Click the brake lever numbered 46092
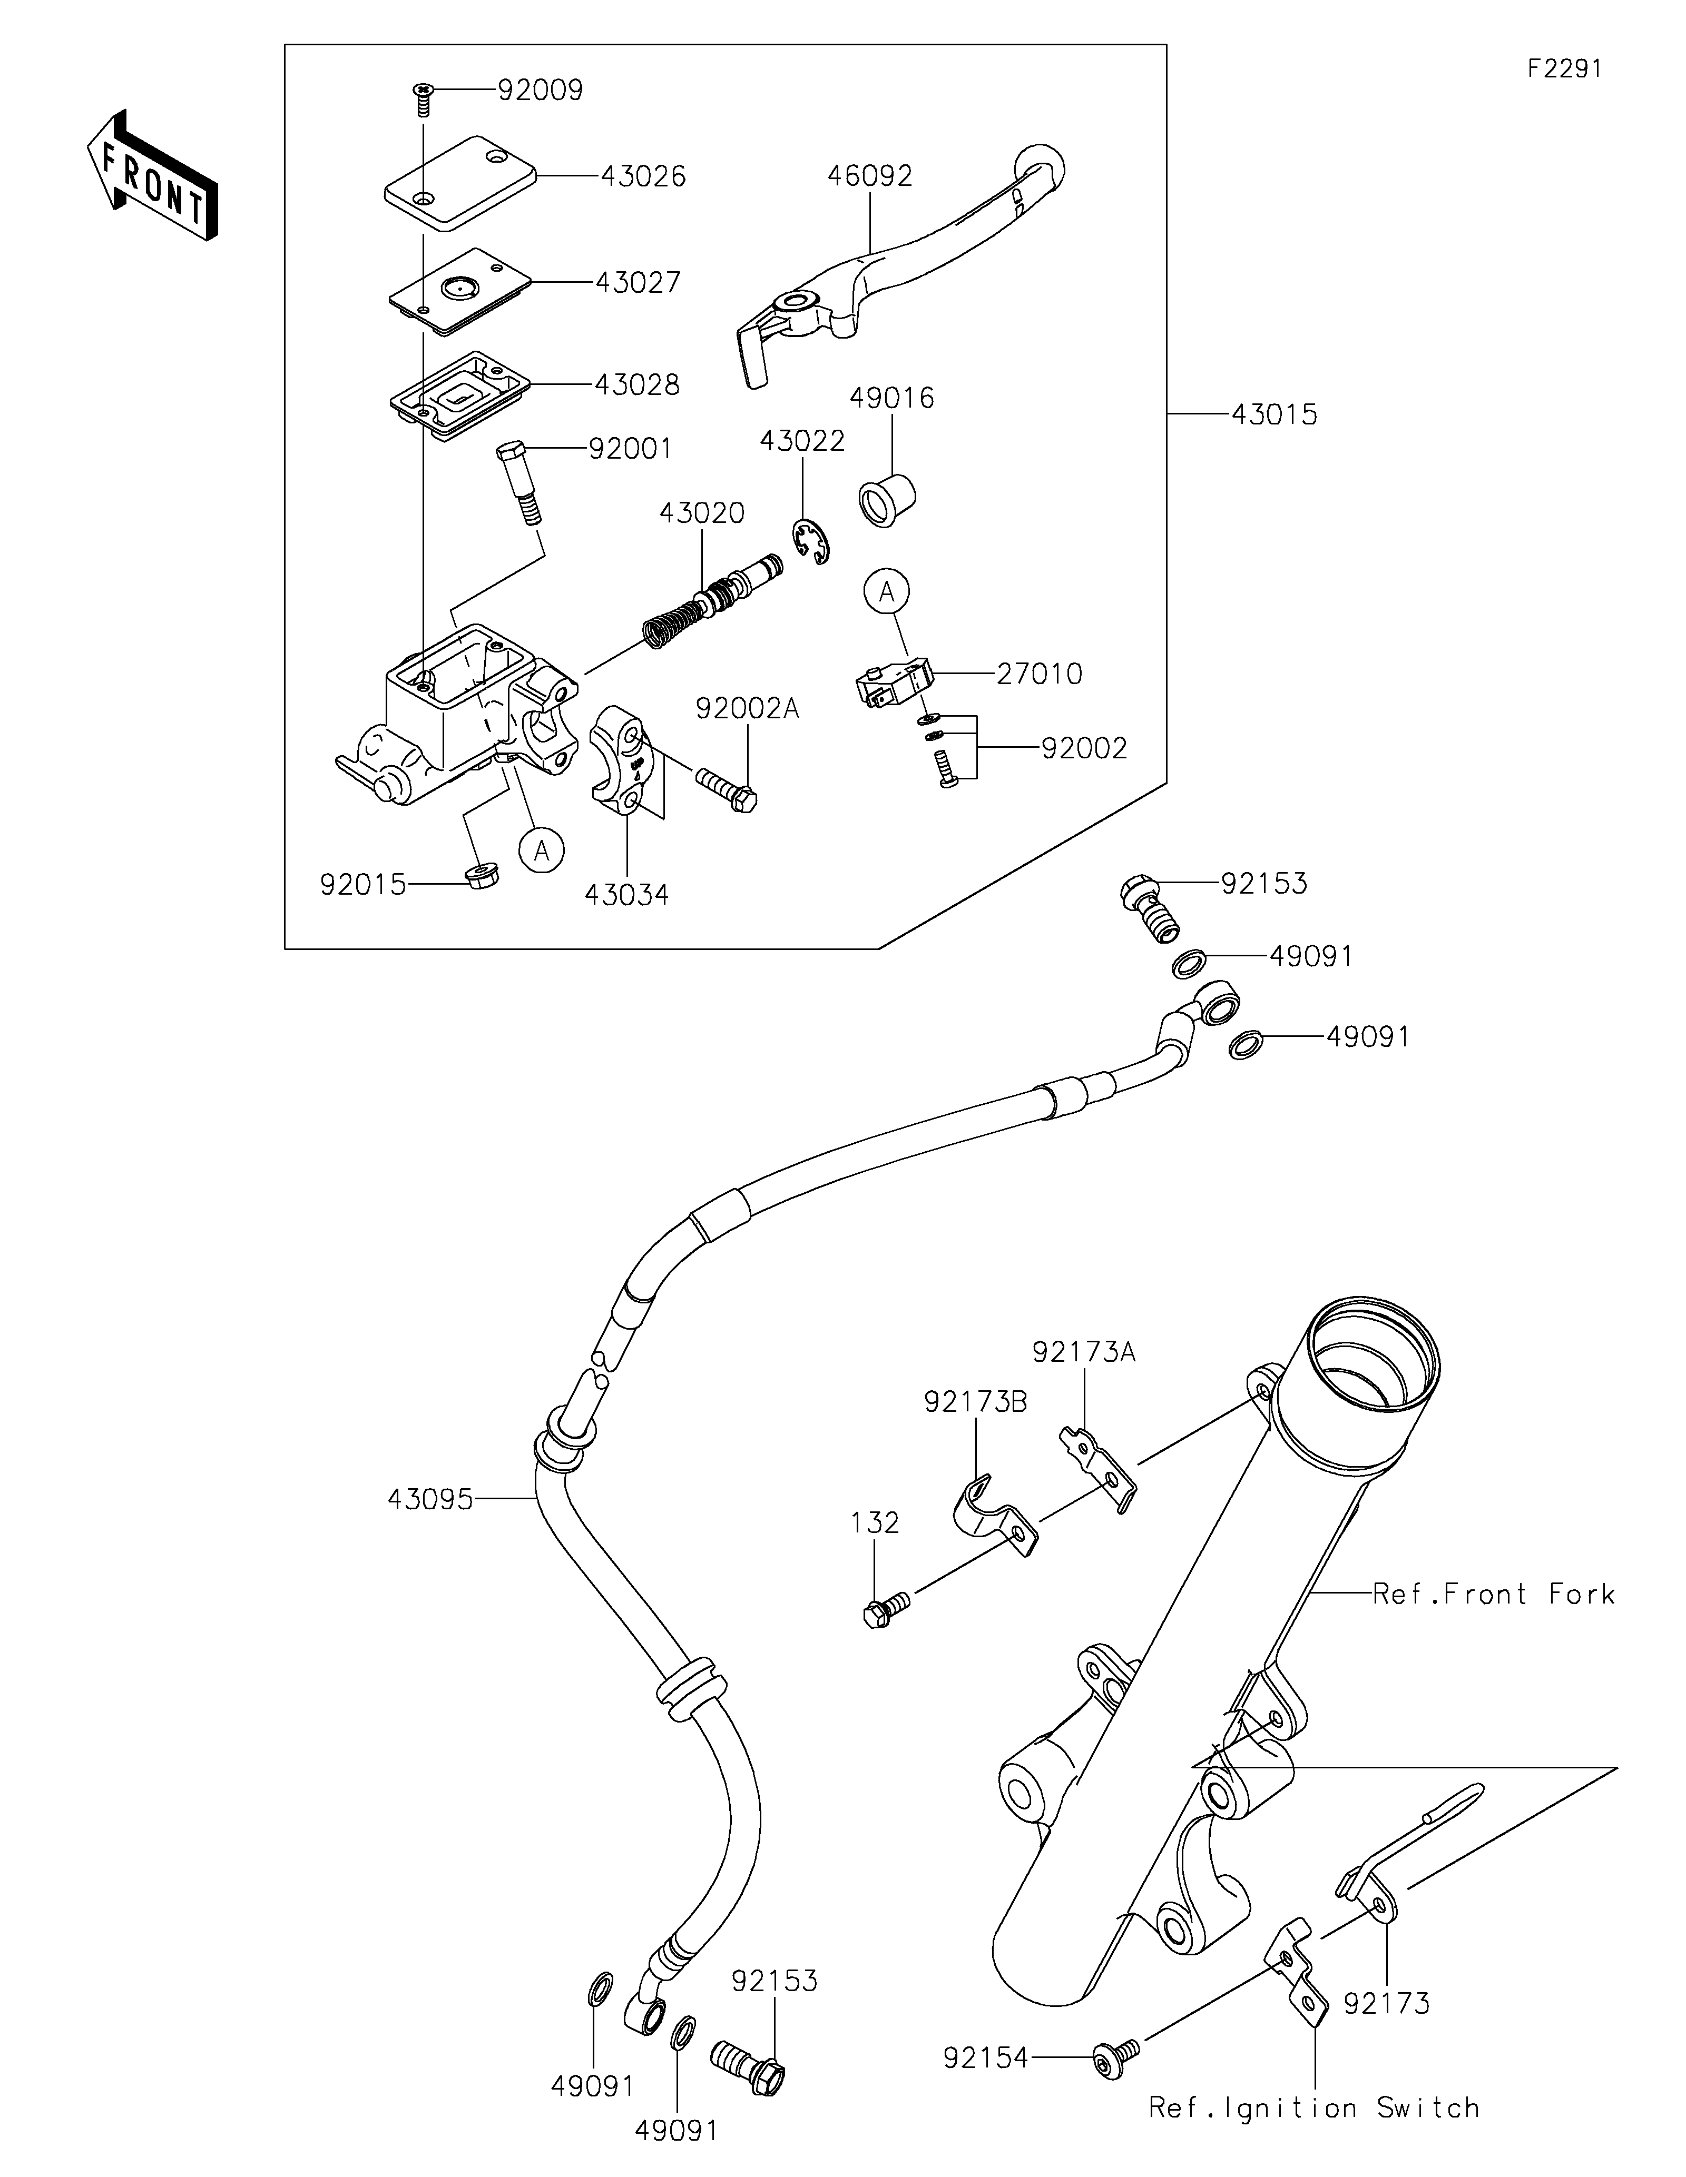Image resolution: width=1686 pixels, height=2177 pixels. (897, 259)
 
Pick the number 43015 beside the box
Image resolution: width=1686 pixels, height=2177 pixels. (1273, 414)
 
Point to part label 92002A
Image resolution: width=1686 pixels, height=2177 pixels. (747, 709)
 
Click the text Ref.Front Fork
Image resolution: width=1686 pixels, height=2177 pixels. (1493, 1594)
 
